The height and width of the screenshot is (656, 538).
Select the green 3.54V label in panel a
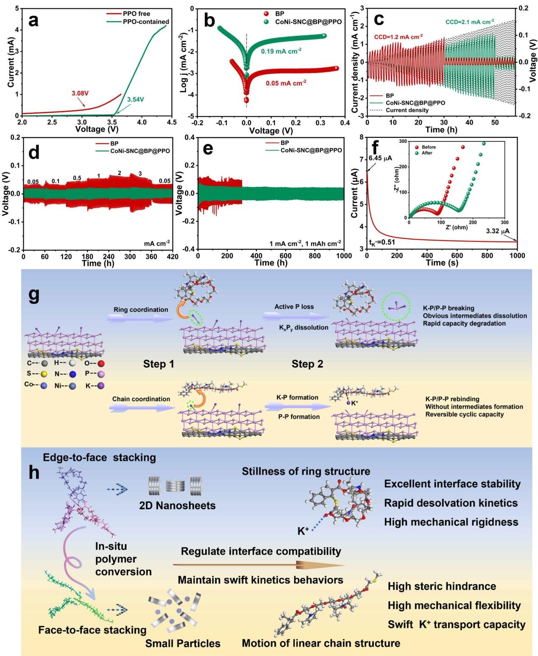136,100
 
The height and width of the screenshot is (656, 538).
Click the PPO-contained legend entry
148,22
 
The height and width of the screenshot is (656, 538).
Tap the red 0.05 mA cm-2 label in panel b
286,83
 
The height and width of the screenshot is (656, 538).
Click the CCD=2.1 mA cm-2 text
469,21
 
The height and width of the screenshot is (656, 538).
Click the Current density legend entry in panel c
407,110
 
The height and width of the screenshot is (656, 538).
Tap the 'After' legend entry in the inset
427,153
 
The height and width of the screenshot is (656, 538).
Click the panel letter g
34,296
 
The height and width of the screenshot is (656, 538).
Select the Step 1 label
159,364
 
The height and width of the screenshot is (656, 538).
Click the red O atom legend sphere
100,363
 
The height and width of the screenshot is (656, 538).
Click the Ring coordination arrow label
141,310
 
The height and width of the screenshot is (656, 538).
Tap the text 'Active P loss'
295,307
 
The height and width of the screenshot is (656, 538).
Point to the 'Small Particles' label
183,643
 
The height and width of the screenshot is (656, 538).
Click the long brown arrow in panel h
259,565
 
